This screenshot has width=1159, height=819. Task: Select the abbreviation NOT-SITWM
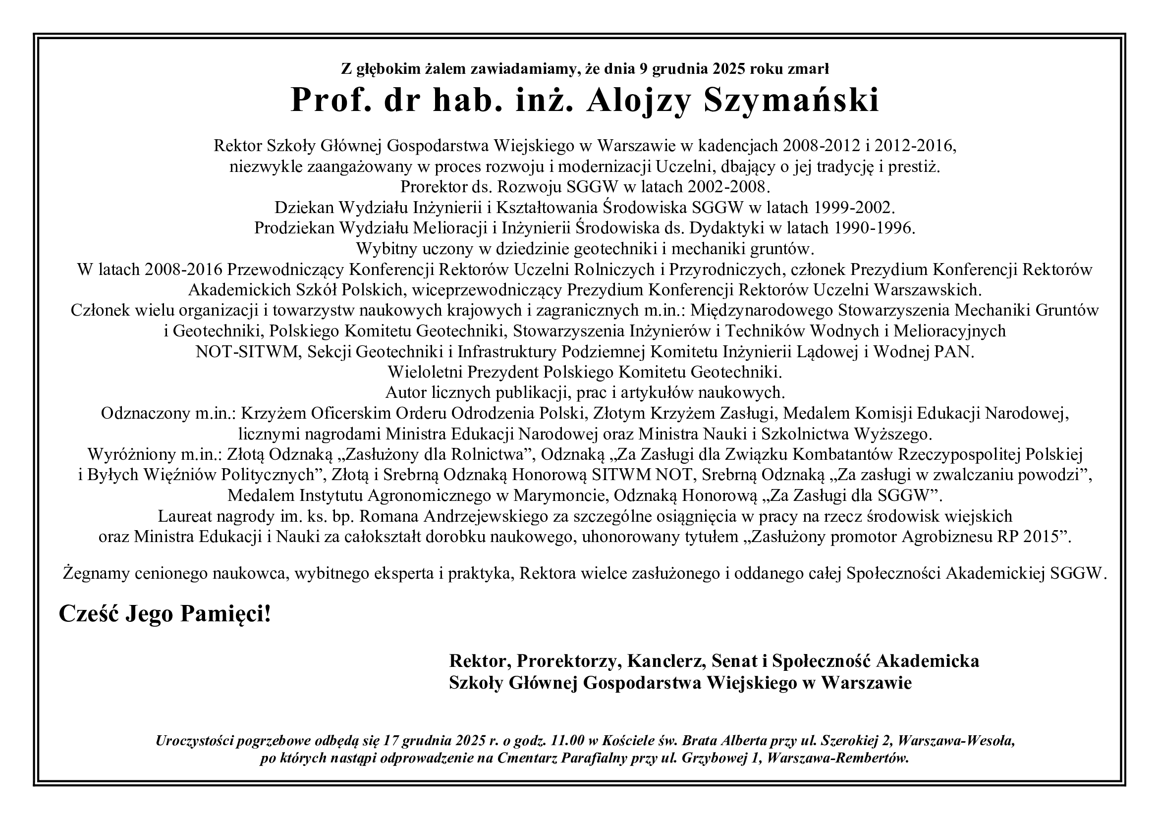coord(248,352)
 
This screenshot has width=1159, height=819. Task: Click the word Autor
coord(407,393)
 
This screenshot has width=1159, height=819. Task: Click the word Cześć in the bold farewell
coord(89,614)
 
